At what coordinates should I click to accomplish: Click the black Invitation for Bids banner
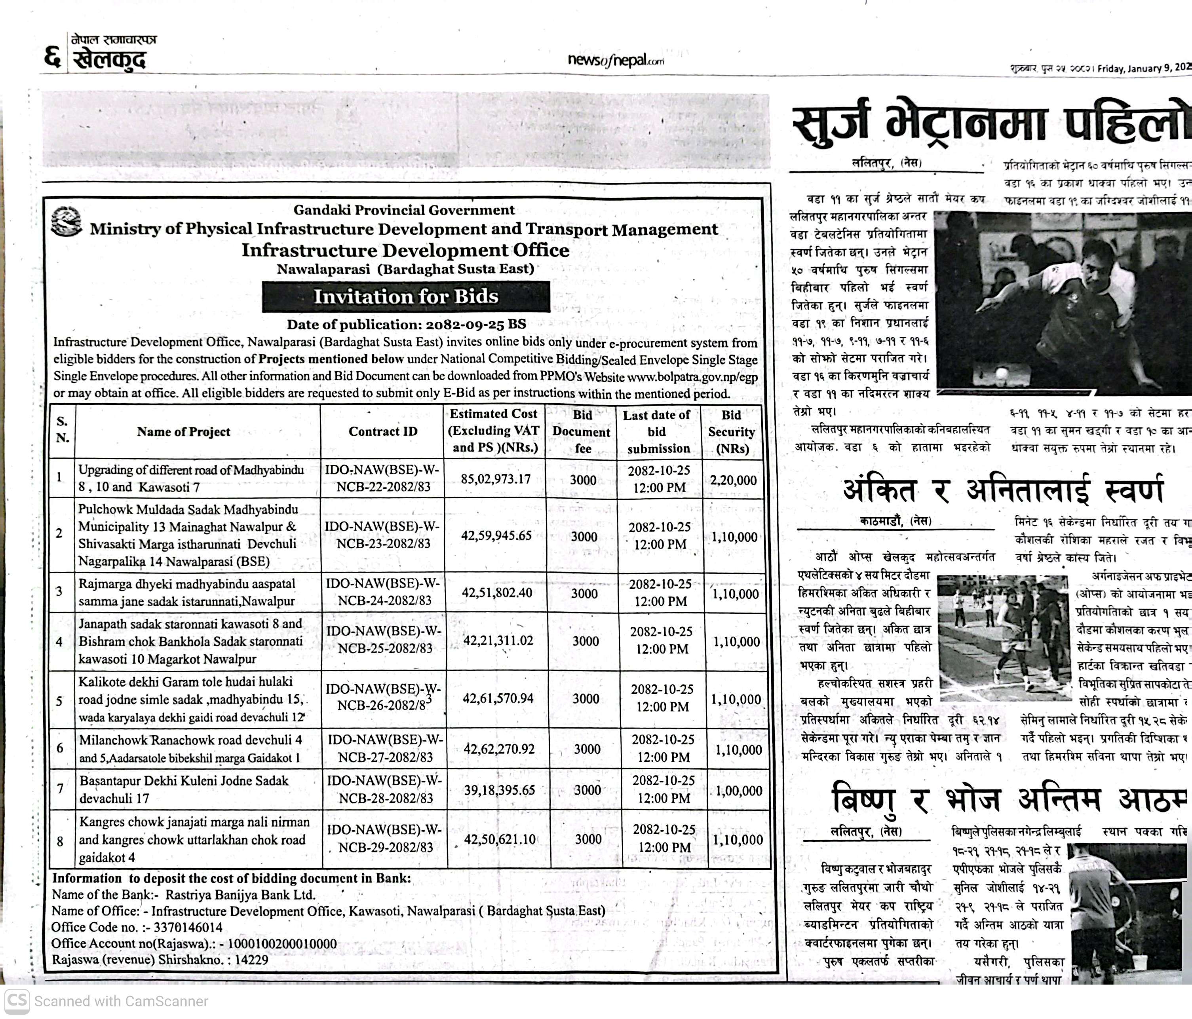point(405,297)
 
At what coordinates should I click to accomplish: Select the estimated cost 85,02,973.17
point(495,479)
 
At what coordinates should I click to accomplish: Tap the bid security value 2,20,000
point(733,480)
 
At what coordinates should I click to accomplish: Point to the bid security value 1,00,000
point(739,791)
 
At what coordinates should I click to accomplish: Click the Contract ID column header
point(382,431)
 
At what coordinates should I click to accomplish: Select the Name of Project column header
point(183,432)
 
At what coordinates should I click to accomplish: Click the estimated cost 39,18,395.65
point(499,790)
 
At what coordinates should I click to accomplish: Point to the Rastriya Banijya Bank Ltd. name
point(240,895)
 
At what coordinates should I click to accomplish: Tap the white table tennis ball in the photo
point(1002,374)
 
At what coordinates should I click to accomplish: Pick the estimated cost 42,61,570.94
point(498,698)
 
